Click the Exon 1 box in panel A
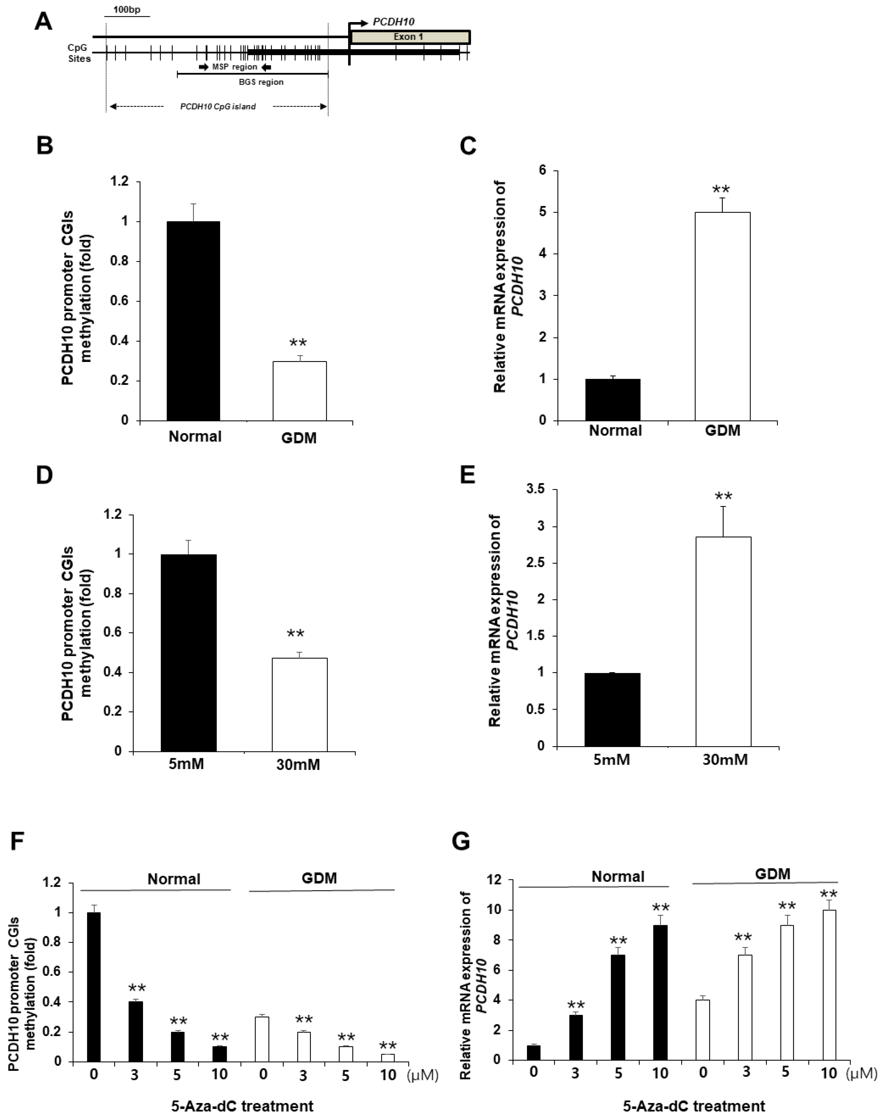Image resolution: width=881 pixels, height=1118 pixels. click(x=410, y=37)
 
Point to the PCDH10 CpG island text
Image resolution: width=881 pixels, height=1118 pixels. click(x=218, y=107)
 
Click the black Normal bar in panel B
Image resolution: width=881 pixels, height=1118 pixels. click(x=193, y=321)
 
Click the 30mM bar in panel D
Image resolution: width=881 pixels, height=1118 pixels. click(x=299, y=704)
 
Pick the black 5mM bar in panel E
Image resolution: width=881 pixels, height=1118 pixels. click(x=612, y=710)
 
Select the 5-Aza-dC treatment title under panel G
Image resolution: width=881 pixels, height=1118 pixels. click(x=694, y=1106)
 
